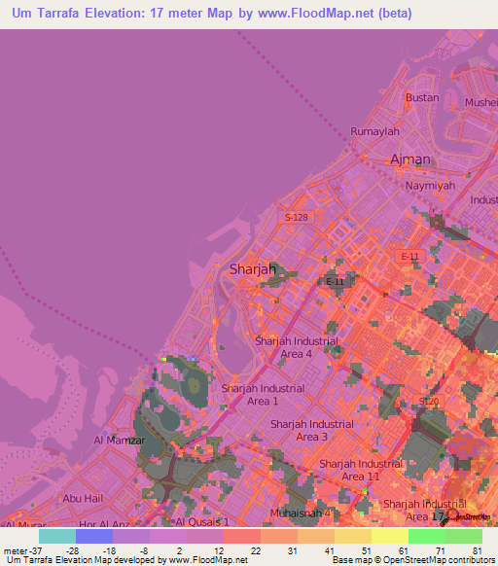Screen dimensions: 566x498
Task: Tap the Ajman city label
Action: pyautogui.click(x=409, y=159)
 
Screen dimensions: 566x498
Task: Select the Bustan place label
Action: pyautogui.click(x=422, y=98)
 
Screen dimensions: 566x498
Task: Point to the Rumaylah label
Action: pyautogui.click(x=375, y=131)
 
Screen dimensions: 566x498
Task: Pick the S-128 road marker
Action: pyautogui.click(x=297, y=218)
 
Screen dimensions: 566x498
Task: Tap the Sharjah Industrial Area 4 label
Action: pyautogui.click(x=297, y=347)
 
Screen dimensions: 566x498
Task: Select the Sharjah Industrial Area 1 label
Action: pyautogui.click(x=263, y=394)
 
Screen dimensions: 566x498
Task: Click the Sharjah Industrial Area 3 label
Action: pyautogui.click(x=312, y=431)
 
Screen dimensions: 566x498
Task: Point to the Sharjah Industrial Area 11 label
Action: pyautogui.click(x=361, y=470)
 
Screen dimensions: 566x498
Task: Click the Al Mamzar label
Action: pyautogui.click(x=119, y=441)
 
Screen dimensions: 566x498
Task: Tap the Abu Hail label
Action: pyautogui.click(x=82, y=498)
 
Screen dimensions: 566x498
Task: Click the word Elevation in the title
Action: pyautogui.click(x=124, y=14)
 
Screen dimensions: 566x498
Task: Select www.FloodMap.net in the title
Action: pyautogui.click(x=321, y=14)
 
